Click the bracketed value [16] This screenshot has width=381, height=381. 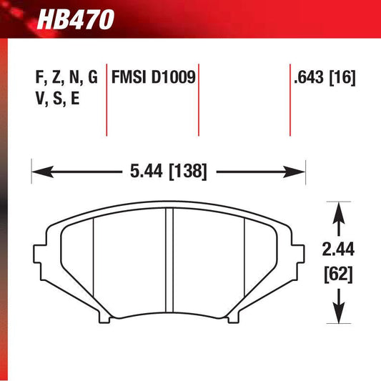344,77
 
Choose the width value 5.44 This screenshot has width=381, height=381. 144,172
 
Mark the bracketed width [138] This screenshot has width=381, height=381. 188,172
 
